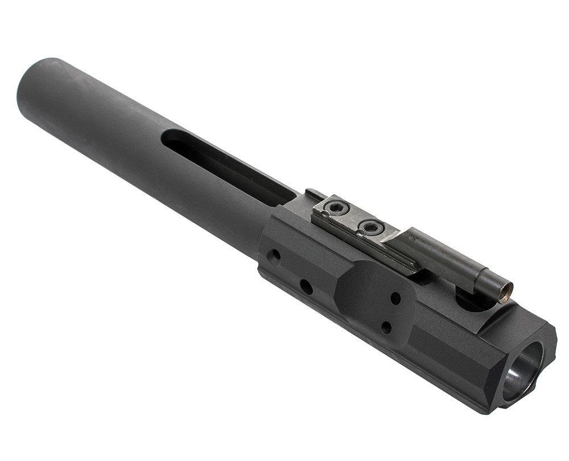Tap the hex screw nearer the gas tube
point(372,228)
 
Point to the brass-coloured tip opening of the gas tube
point(505,292)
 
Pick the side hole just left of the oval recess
point(306,287)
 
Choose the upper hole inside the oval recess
point(395,298)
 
